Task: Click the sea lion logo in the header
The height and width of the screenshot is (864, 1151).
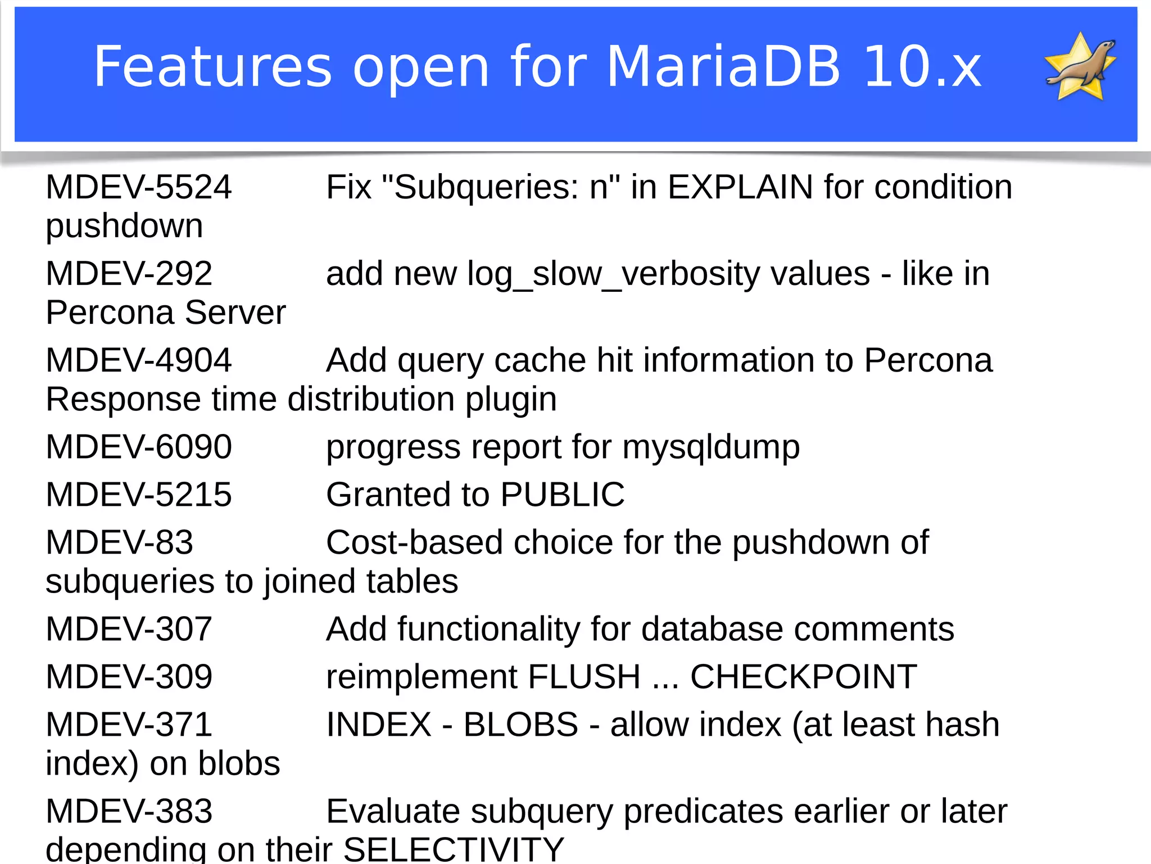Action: click(1080, 66)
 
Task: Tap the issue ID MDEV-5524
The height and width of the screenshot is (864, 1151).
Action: click(138, 187)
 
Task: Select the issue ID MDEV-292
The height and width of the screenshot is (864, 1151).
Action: click(129, 274)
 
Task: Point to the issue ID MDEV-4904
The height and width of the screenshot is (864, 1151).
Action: click(138, 360)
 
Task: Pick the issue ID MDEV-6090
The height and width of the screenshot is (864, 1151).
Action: click(138, 447)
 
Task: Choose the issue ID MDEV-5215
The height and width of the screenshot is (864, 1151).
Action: click(138, 495)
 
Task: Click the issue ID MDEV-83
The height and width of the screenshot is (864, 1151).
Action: click(119, 542)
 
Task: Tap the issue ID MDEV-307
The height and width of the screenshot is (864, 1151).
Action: click(129, 629)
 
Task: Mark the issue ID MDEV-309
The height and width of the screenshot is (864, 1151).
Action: click(129, 676)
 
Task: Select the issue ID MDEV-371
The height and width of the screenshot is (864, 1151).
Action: click(129, 725)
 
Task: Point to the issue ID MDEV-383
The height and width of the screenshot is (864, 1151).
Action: click(129, 811)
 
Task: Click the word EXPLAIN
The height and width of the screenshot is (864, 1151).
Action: click(740, 187)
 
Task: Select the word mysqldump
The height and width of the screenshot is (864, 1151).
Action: click(711, 448)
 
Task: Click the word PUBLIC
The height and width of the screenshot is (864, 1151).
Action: click(562, 495)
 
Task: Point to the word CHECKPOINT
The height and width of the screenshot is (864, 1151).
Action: click(803, 676)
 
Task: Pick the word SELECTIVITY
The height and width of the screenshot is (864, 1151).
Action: click(453, 849)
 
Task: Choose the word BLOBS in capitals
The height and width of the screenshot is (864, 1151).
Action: click(520, 725)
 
